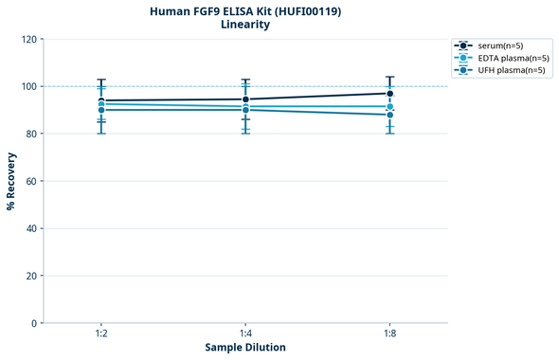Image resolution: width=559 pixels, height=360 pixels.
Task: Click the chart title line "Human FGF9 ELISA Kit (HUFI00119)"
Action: click(245, 11)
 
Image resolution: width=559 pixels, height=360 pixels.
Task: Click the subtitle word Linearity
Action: click(245, 26)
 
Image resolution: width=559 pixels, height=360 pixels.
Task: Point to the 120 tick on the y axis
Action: click(28, 40)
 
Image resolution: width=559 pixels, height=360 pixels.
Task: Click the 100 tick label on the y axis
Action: click(28, 87)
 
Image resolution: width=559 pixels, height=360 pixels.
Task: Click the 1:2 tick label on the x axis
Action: click(101, 334)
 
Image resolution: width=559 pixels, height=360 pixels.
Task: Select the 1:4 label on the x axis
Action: click(245, 334)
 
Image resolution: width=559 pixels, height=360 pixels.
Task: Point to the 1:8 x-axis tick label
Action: click(389, 334)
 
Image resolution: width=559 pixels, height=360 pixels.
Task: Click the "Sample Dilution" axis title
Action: click(245, 348)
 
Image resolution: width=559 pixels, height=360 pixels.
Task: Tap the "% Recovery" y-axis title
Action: click(11, 181)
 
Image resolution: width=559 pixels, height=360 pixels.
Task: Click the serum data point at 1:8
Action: click(389, 93)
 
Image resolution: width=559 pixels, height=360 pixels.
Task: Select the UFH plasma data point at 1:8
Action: click(389, 115)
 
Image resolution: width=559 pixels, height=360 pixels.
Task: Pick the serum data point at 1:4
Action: click(245, 99)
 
